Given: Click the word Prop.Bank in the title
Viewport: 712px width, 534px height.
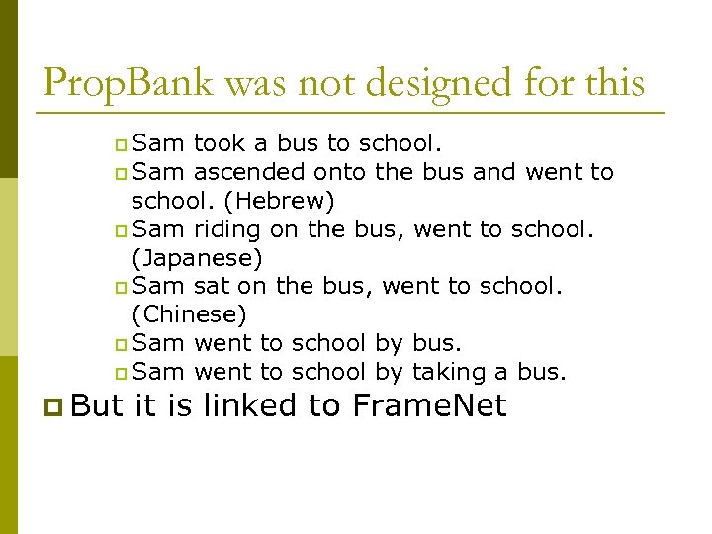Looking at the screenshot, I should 129,82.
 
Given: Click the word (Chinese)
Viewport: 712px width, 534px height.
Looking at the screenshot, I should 189,315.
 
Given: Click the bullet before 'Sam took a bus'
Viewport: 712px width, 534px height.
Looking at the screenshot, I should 120,145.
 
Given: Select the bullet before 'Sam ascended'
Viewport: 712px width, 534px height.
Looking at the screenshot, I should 120,174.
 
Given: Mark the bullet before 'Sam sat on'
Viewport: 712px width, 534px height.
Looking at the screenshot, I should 120,288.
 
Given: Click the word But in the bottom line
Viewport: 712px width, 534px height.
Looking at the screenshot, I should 97,405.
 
